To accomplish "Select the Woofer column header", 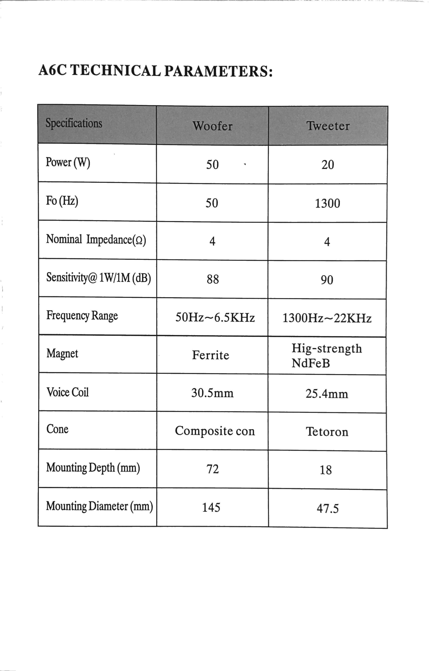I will [212, 126].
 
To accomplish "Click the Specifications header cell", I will [74, 123].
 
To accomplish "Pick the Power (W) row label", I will [68, 162].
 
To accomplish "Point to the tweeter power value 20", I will [328, 165].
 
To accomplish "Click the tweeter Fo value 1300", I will [327, 203].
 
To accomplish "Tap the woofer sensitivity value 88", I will [213, 279].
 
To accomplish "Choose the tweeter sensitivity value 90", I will [327, 280].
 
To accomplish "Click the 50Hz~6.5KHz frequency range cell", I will [215, 318].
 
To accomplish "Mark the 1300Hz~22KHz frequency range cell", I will [327, 318].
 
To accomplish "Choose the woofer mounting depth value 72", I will [213, 469].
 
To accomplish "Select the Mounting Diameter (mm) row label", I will [99, 506].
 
